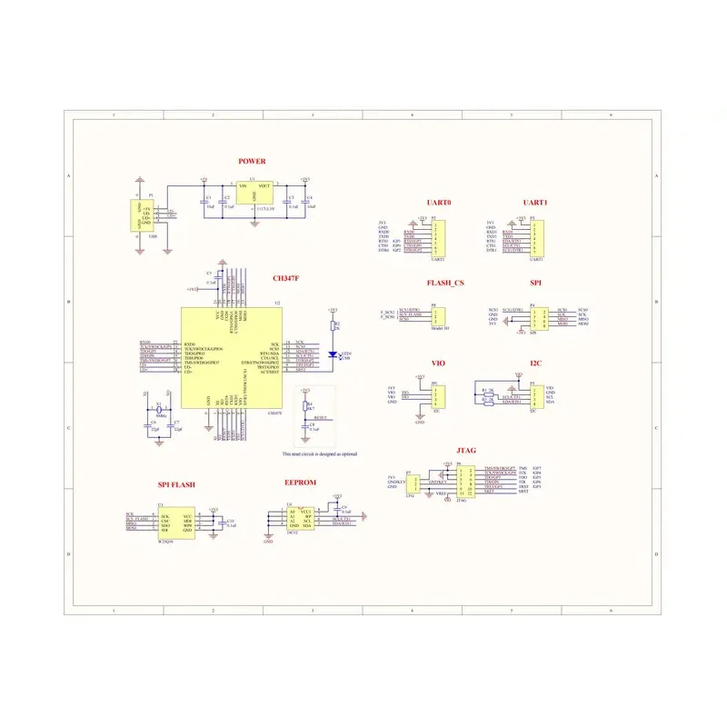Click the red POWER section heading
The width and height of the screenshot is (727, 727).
252,162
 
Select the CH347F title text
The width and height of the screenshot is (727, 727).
286,279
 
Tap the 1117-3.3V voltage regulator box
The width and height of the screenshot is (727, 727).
254,194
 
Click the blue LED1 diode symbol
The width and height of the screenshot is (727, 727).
334,354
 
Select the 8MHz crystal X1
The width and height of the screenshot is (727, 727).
160,411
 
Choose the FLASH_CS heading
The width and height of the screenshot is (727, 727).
445,283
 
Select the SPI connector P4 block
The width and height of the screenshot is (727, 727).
537,317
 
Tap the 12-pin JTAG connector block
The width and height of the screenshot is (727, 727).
465,482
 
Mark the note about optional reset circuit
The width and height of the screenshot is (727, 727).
319,453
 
